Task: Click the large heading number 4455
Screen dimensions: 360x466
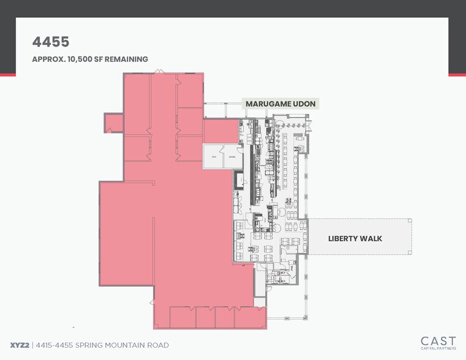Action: coord(51,42)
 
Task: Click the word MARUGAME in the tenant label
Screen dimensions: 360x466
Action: coord(267,104)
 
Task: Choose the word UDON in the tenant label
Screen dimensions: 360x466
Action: coord(304,104)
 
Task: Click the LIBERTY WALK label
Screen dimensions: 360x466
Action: coord(355,238)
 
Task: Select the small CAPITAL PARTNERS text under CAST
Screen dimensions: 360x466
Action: coord(438,348)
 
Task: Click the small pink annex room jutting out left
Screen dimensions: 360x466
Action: coord(114,123)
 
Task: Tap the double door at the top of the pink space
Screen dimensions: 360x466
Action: coord(158,73)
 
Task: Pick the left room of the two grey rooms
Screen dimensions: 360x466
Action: coord(214,157)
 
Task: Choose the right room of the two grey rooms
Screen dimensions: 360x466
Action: coord(231,157)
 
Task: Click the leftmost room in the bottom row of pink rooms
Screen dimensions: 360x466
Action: coord(182,317)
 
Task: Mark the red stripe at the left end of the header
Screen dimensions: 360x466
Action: coord(7,75)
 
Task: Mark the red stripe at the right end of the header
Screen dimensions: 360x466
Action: coord(457,75)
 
